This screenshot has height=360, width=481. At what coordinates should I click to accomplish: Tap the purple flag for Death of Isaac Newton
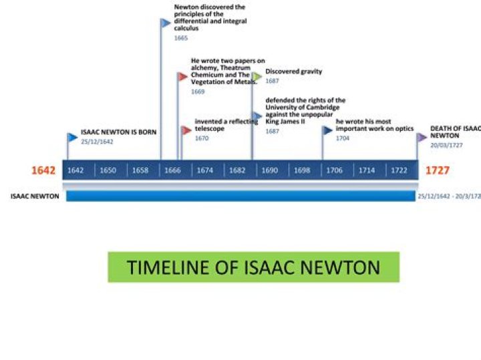pos(422,137)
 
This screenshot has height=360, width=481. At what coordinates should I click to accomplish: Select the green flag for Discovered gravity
pos(257,76)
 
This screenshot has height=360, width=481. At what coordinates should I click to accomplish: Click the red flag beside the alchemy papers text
pos(182,76)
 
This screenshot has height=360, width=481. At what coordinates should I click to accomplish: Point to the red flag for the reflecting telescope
pos(186,130)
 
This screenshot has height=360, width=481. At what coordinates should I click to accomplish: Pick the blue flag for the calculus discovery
pos(166,23)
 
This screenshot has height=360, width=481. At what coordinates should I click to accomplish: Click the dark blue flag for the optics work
pos(327,130)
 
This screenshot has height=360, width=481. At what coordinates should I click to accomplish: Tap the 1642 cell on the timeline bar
pos(75,170)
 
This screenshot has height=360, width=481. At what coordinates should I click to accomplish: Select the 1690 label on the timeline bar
pos(270,170)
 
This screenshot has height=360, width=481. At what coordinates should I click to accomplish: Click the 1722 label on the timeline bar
pos(399,170)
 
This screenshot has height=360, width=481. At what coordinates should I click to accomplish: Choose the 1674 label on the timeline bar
pos(205,170)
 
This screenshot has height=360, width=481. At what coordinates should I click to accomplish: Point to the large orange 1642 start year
pos(43,170)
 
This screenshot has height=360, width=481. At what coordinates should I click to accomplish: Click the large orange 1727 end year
pos(438,170)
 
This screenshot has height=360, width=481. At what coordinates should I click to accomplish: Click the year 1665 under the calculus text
pos(181,38)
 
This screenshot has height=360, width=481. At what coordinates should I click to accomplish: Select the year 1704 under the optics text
pos(342,138)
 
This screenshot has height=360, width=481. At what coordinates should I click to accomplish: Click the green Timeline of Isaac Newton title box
pos(253,267)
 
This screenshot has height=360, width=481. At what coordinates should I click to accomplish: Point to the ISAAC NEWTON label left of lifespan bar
pos(35,196)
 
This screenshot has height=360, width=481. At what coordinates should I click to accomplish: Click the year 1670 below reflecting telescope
pos(202,138)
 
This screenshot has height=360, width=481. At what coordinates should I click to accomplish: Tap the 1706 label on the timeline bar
pos(335,170)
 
